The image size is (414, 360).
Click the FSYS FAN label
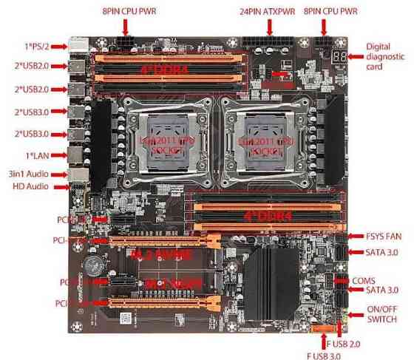384,237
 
